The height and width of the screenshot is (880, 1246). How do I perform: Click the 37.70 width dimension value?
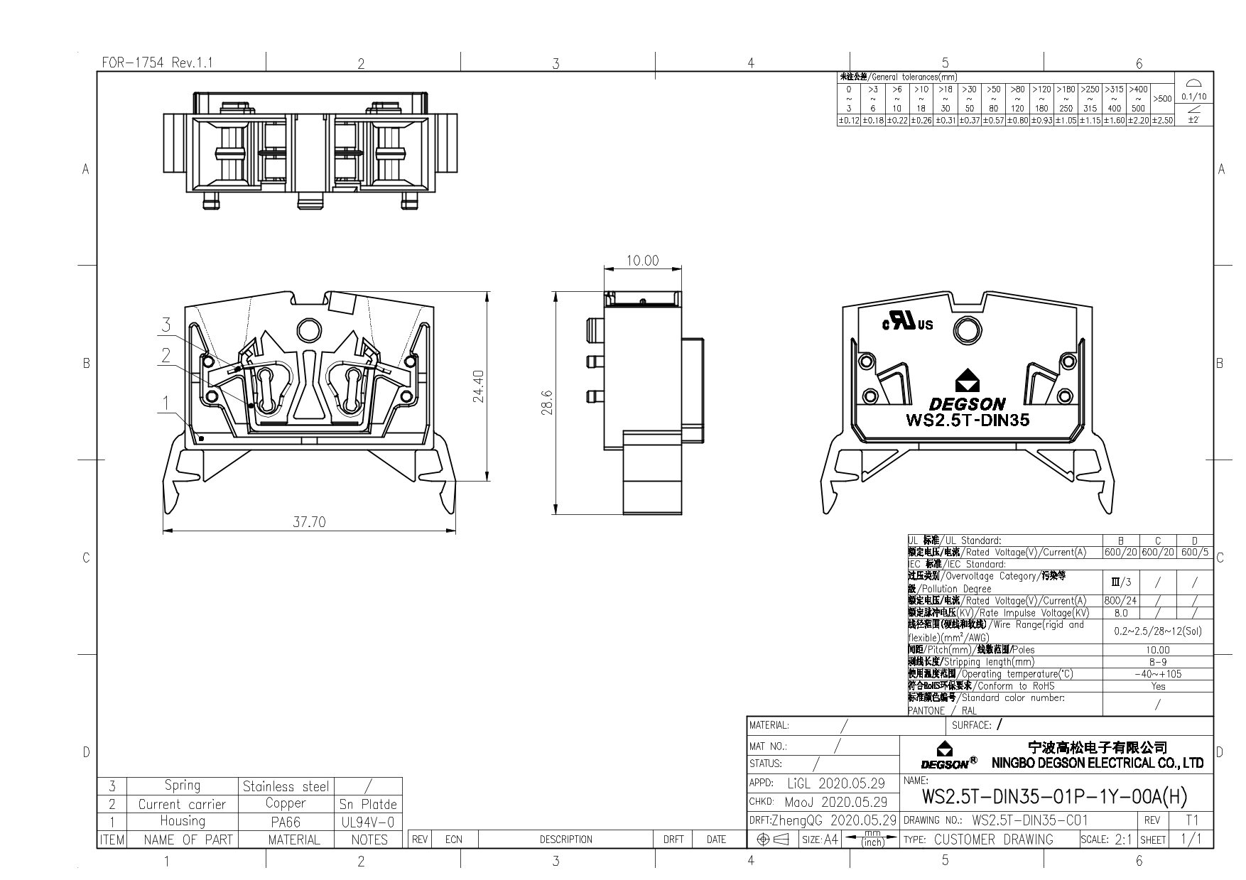tap(309, 522)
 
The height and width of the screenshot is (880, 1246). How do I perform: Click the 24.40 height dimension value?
tap(478, 386)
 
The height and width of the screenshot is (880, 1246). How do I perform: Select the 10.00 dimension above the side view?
tap(642, 261)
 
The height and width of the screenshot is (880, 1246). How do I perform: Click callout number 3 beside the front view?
tap(166, 325)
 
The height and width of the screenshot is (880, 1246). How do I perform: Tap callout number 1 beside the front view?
tap(166, 403)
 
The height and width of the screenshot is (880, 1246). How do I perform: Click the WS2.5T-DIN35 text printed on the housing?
tap(967, 420)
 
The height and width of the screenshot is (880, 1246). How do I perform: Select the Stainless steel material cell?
tap(286, 786)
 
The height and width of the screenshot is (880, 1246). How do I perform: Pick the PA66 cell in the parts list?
tap(286, 822)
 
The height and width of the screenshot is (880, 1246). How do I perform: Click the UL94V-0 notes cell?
tap(368, 822)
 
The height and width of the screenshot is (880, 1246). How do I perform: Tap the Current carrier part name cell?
tap(182, 804)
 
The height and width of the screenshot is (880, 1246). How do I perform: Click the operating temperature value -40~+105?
tap(1157, 674)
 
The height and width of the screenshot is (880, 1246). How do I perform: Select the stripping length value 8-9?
tap(1157, 662)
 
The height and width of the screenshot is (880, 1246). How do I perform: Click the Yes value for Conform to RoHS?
tap(1157, 686)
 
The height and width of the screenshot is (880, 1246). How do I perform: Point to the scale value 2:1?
tap(1122, 840)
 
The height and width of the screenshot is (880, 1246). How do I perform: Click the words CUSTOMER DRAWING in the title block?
tap(993, 840)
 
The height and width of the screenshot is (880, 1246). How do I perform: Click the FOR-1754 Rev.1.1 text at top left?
tap(157, 63)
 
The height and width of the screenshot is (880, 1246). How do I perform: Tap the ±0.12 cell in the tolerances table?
tap(849, 121)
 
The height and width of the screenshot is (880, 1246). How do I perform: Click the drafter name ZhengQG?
tap(793, 820)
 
